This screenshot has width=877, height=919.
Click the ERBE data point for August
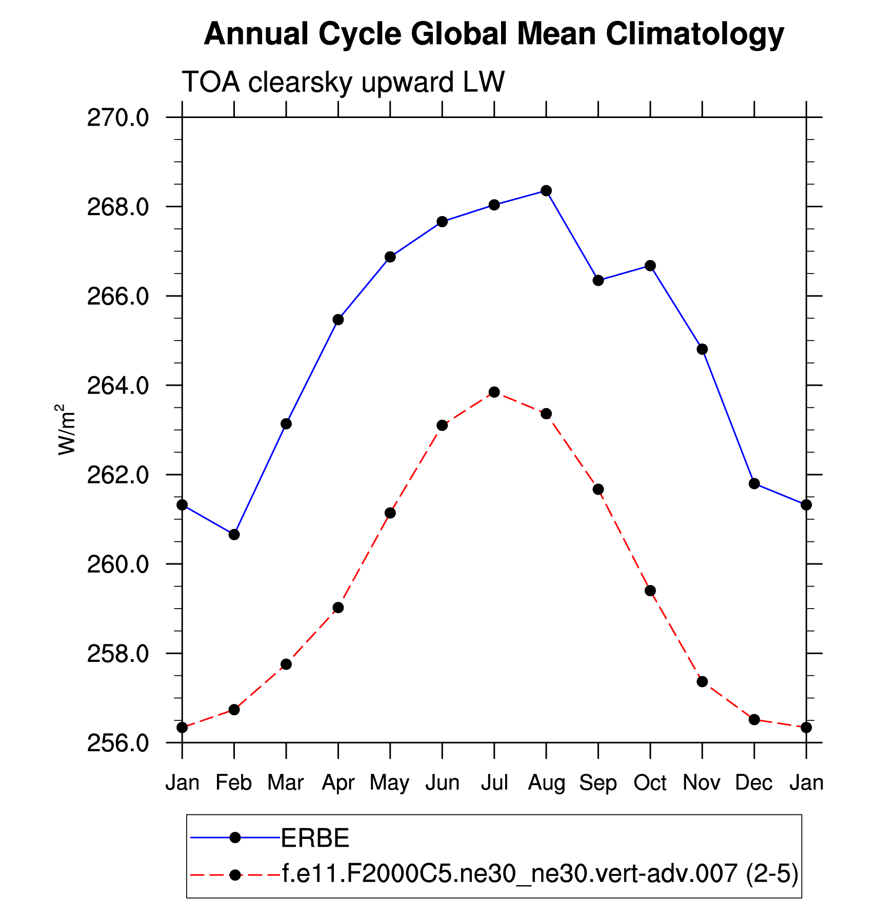[546, 191]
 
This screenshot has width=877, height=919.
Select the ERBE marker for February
[234, 535]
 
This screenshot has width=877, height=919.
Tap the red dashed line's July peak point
[494, 392]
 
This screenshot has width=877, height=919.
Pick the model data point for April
[338, 608]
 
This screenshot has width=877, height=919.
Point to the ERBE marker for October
[650, 266]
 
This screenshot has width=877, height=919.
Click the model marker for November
[702, 681]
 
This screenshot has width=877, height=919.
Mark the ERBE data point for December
[754, 483]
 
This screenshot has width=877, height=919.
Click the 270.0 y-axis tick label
[118, 118]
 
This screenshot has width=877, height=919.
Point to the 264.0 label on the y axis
[118, 386]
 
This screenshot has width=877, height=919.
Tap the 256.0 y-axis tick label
[118, 743]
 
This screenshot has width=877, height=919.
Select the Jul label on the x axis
[494, 783]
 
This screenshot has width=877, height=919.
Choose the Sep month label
[598, 783]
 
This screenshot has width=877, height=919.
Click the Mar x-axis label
[286, 783]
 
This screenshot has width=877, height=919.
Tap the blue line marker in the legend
[235, 837]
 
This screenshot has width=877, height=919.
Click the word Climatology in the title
[694, 35]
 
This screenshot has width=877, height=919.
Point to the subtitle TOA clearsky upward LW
[343, 82]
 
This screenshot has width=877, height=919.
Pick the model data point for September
[598, 490]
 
